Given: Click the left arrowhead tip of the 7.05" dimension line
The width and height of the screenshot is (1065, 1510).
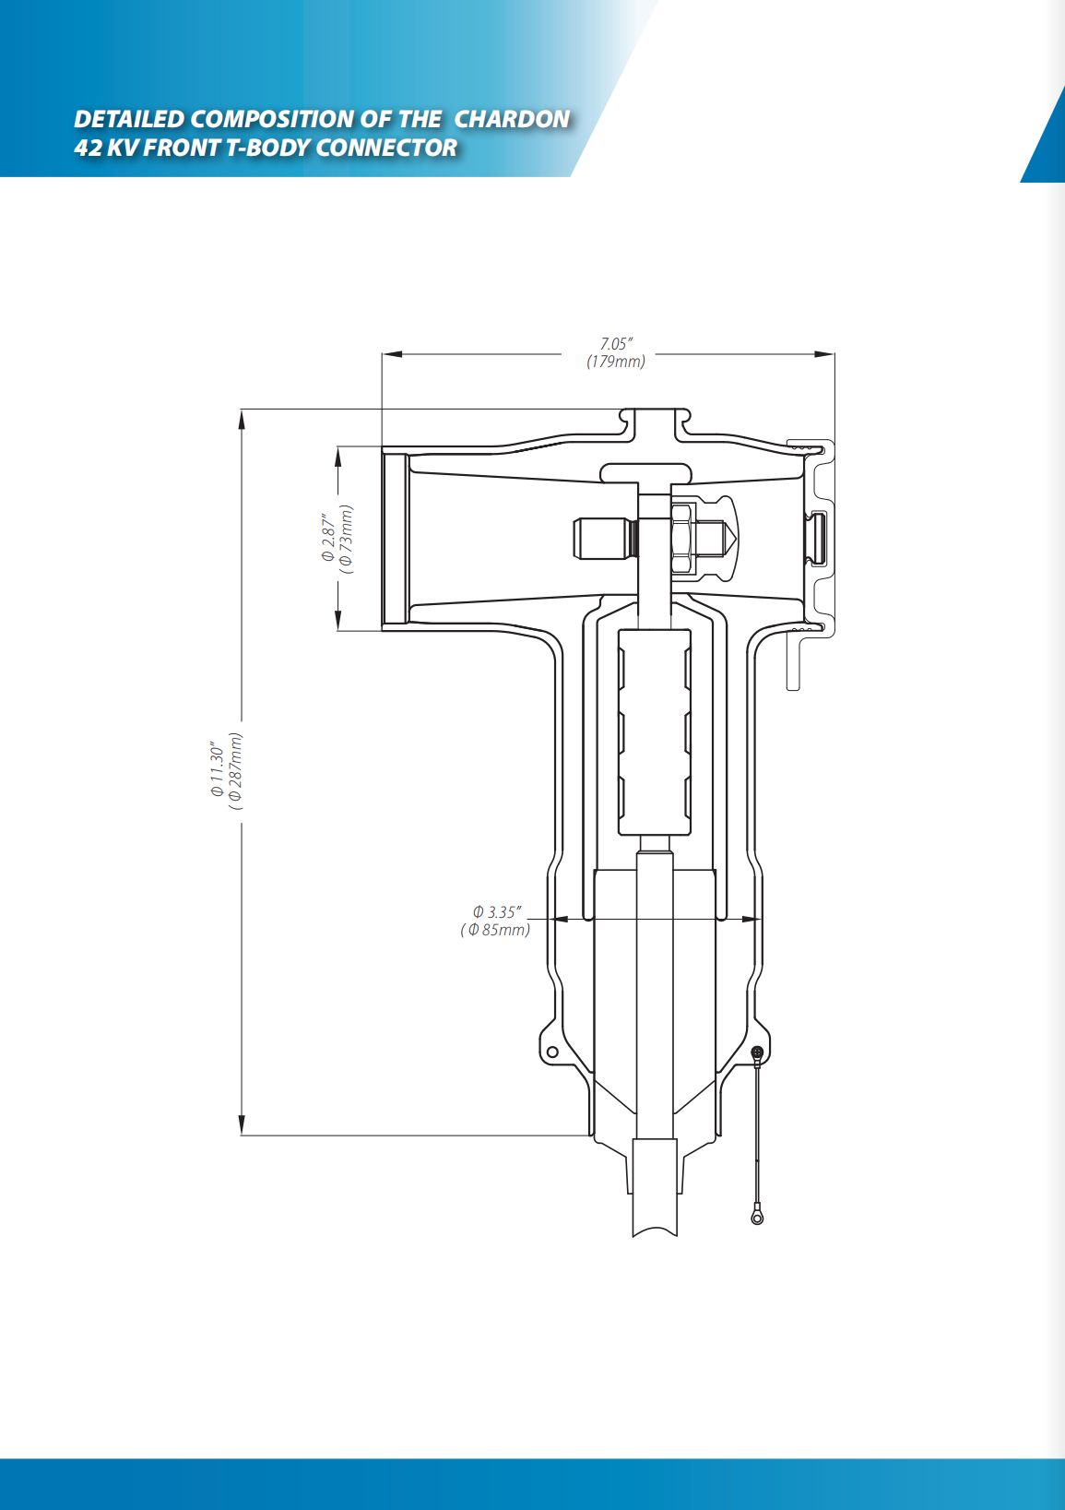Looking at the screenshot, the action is click(x=382, y=354).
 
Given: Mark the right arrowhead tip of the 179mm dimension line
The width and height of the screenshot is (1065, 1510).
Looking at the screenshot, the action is click(x=834, y=354).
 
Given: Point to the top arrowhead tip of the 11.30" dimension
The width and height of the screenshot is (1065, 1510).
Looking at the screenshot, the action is click(x=242, y=410).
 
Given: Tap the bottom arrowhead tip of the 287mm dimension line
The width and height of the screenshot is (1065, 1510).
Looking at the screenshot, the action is click(x=242, y=1135).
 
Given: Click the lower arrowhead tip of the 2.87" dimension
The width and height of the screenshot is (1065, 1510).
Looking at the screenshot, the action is click(x=338, y=630).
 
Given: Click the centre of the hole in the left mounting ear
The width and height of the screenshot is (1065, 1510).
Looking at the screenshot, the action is click(x=552, y=1052).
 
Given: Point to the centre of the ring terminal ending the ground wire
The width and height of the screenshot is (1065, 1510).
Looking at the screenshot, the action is click(x=757, y=1219).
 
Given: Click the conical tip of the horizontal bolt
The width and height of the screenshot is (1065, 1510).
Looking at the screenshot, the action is click(x=728, y=537).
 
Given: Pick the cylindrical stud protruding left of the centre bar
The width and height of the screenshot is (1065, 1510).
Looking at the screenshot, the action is click(x=604, y=538).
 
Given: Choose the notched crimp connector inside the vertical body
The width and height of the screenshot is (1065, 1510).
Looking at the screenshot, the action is click(x=654, y=732).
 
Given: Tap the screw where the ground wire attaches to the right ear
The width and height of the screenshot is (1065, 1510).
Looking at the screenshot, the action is click(x=757, y=1052).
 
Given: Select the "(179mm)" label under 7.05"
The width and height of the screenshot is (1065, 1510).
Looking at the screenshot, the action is click(x=615, y=362).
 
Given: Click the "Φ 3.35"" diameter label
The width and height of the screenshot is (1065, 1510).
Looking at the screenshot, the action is click(x=497, y=912).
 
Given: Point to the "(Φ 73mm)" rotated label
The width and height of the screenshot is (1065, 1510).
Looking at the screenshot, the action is click(x=346, y=540).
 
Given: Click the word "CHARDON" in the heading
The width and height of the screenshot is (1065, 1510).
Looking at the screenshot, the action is click(x=513, y=119).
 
